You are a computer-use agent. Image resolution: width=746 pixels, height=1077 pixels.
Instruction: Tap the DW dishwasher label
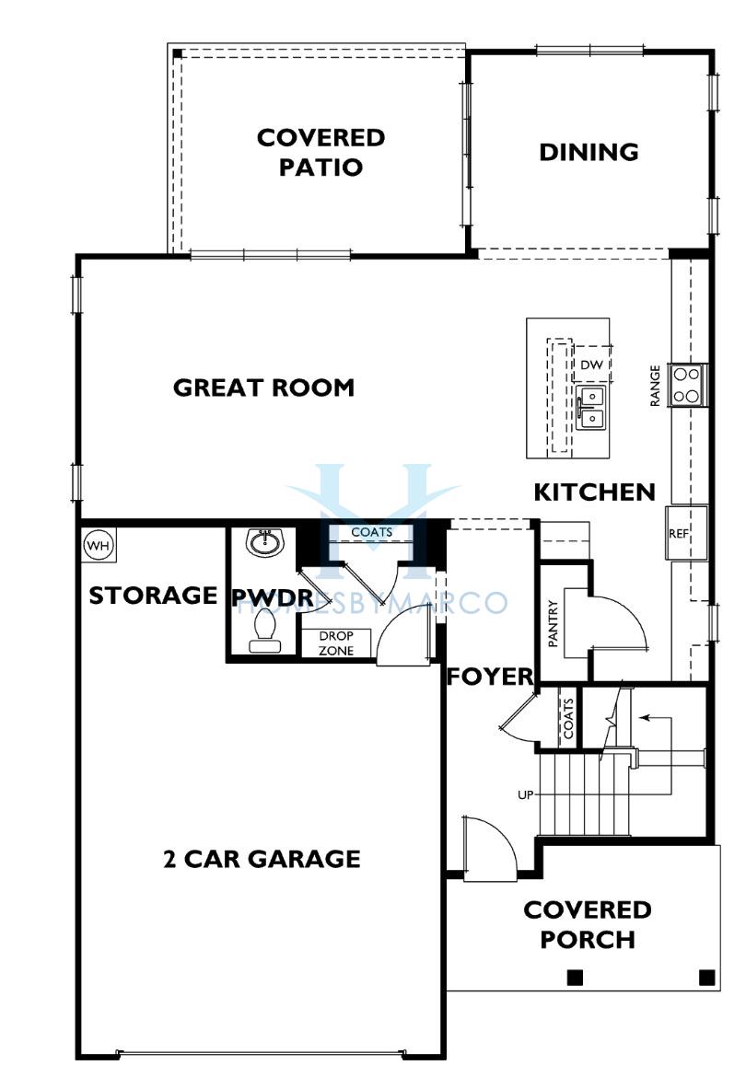click(x=591, y=365)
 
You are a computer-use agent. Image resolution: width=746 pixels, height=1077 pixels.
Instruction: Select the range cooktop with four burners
click(x=686, y=386)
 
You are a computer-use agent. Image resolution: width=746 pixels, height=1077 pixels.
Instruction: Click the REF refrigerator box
click(x=686, y=533)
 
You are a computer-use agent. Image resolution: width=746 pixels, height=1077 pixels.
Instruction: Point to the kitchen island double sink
click(x=590, y=407)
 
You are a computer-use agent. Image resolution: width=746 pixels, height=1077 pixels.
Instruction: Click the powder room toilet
click(x=264, y=631)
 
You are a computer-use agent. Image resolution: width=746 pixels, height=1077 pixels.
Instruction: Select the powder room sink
click(x=264, y=542)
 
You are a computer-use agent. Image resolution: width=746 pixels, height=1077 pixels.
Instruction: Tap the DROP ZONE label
click(x=336, y=643)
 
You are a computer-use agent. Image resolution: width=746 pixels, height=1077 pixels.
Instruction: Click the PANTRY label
click(x=553, y=623)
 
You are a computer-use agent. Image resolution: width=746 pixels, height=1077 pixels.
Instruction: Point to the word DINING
click(x=589, y=152)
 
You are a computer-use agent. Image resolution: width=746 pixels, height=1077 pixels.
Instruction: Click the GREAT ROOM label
click(x=263, y=388)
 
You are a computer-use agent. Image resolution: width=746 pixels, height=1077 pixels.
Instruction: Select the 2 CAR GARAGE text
click(x=262, y=859)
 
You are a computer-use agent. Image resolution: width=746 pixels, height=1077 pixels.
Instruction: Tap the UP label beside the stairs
click(x=526, y=794)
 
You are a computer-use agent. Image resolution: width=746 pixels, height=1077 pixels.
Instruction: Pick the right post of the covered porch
click(x=706, y=976)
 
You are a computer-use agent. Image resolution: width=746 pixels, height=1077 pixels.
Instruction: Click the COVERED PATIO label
click(x=321, y=152)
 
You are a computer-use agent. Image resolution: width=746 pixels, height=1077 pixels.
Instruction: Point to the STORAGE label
click(x=153, y=595)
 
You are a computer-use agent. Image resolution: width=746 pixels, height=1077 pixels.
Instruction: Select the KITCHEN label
click(x=595, y=492)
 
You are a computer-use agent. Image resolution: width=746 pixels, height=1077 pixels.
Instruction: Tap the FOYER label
click(x=490, y=677)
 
